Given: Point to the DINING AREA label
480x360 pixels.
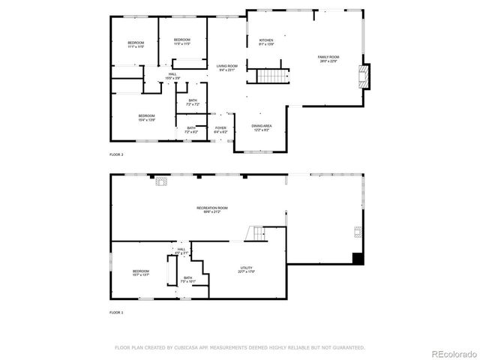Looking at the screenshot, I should tap(262, 127).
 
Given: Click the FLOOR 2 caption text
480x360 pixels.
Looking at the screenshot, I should tap(116, 154).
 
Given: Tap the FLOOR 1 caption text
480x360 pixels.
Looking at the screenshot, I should tap(116, 312).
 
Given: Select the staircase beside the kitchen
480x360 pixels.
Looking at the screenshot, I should tap(273, 76).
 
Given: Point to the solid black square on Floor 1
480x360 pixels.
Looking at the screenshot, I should tap(358, 259).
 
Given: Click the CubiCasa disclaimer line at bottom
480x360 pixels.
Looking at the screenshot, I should tap(239, 347).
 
